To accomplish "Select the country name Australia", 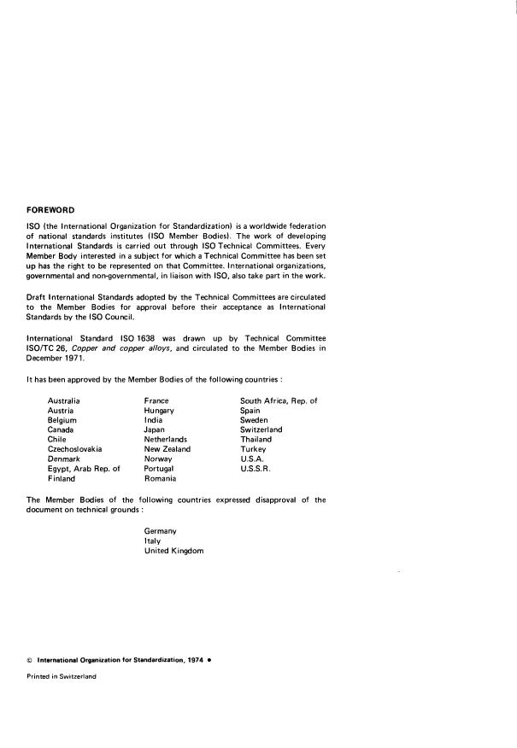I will point(64,400).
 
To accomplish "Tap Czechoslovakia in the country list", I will point(75,448).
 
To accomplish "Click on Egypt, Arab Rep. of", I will point(84,469).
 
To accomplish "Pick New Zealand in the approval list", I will point(167,448).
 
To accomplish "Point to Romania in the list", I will point(161,479).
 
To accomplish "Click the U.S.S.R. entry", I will point(257,469).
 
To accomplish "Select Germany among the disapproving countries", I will point(161,531).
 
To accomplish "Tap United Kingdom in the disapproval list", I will point(174,552).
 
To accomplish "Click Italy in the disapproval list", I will point(151,541).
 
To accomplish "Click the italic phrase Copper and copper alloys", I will point(108,349).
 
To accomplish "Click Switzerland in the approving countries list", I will point(261,430).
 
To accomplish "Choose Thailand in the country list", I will point(256,439).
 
